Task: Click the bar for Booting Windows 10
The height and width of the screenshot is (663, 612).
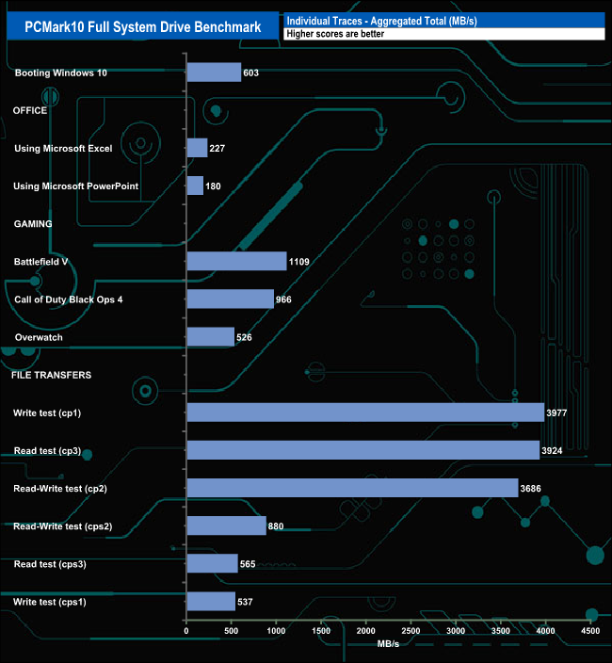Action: [x=214, y=73]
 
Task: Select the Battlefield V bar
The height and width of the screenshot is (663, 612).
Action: [x=236, y=261]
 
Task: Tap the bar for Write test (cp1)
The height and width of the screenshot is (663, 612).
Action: [x=365, y=412]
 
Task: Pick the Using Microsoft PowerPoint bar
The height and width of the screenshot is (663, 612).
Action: [x=195, y=186]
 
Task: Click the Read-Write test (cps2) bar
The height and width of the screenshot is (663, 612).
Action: [x=226, y=526]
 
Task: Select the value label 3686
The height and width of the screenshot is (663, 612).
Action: [x=533, y=488]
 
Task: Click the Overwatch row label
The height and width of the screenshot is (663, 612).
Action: [x=40, y=337]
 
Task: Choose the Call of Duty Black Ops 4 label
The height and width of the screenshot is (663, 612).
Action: [x=69, y=299]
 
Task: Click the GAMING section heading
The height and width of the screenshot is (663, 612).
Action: [x=32, y=224]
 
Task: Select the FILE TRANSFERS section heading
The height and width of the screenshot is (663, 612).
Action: [x=51, y=375]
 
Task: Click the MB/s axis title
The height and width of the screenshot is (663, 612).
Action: [x=389, y=644]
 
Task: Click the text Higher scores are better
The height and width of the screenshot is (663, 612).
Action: [x=334, y=34]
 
